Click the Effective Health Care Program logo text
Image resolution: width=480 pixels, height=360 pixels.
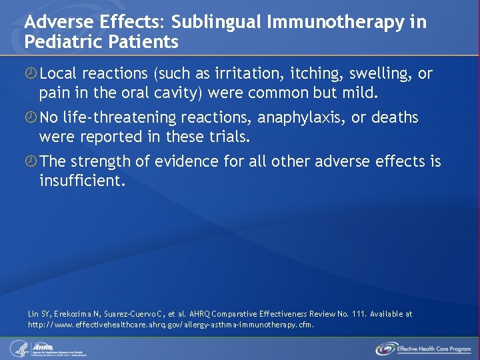pyautogui.click(x=434, y=349)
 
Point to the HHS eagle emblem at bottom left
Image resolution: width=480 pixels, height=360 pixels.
pyautogui.click(x=17, y=347)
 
